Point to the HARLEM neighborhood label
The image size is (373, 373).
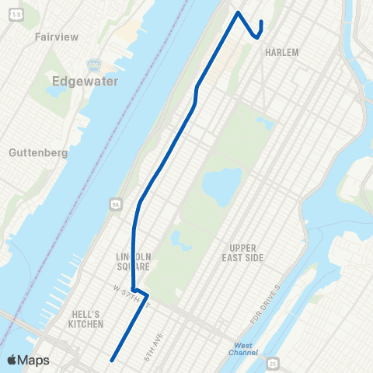coord(281,52)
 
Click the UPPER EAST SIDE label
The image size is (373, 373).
coord(241,252)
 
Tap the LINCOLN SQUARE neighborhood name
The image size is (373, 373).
coord(133,262)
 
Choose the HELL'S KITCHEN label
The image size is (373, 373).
coord(85,318)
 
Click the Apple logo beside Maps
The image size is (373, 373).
coord(12,360)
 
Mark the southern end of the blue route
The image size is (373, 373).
coord(113,360)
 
